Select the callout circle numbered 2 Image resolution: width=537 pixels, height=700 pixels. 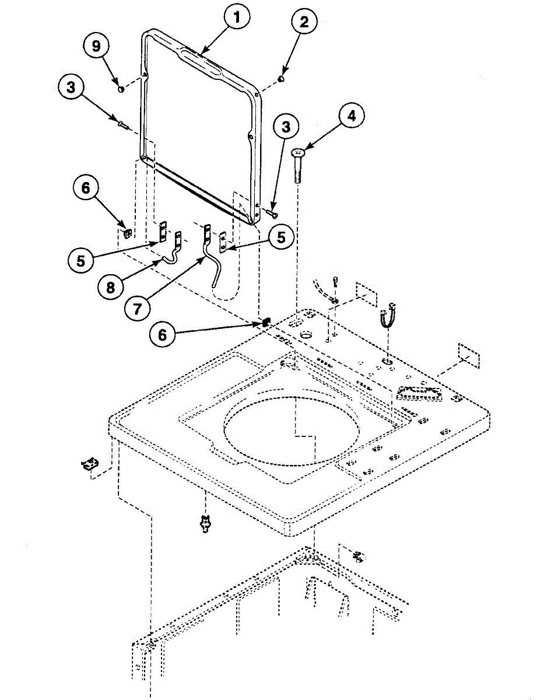tap(306, 24)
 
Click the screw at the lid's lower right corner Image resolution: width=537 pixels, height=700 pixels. tap(272, 214)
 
